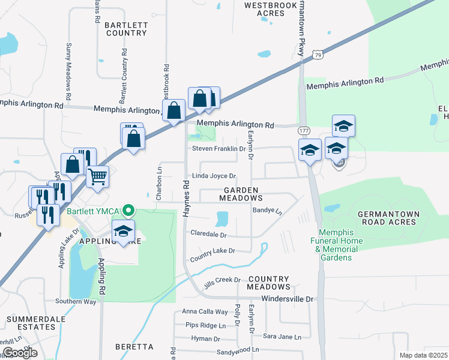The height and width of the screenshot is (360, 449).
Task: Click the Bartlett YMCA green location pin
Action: pyautogui.click(x=127, y=211)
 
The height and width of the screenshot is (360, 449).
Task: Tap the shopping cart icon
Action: pyautogui.click(x=97, y=177)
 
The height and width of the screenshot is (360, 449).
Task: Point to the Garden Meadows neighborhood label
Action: pyautogui.click(x=241, y=193)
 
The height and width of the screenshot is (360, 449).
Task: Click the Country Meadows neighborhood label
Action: pyautogui.click(x=268, y=283)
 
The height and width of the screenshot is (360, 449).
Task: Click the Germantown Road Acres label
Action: pyautogui.click(x=386, y=218)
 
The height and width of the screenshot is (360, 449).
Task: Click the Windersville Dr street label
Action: pyautogui.click(x=288, y=298)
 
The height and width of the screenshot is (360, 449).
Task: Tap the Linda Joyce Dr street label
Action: pyautogui.click(x=214, y=176)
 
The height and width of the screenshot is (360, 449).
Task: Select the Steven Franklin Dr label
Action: pyautogui.click(x=218, y=148)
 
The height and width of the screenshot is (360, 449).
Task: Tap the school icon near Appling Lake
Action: pyautogui.click(x=123, y=231)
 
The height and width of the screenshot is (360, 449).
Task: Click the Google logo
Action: pyautogui.click(x=19, y=353)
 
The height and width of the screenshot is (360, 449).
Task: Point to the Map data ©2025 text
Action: pyautogui.click(x=423, y=355)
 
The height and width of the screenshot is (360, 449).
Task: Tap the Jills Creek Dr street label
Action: pyautogui.click(x=221, y=281)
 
